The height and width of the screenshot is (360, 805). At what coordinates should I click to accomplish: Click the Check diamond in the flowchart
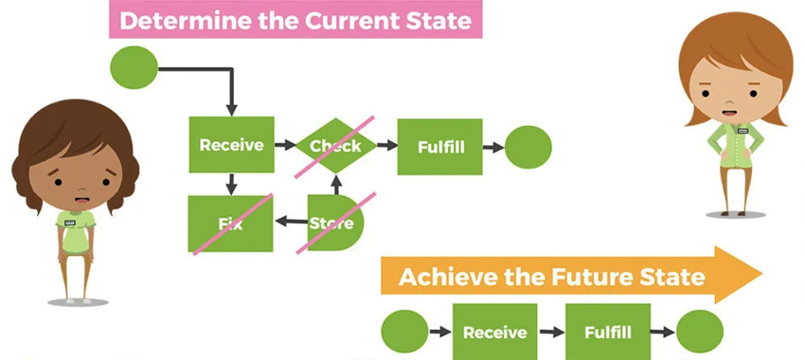[x=336, y=146]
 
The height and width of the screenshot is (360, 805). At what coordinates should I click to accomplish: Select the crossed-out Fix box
[x=231, y=224]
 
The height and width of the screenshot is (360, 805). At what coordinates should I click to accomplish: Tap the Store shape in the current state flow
[x=335, y=223]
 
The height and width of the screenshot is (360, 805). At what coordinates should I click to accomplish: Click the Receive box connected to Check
[x=231, y=145]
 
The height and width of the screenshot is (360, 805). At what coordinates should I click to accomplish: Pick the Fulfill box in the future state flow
[x=608, y=332]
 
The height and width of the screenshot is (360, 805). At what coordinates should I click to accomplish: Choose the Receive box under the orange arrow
[x=495, y=332]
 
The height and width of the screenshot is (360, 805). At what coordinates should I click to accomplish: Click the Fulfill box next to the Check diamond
[x=440, y=147]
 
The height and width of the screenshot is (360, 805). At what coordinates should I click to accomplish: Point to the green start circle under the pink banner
[x=134, y=67]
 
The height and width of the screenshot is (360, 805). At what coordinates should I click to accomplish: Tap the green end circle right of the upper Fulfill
[x=528, y=148]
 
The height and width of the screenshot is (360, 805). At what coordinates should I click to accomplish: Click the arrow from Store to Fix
[x=292, y=222]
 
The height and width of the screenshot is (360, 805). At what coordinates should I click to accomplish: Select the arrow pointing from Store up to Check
[x=336, y=185]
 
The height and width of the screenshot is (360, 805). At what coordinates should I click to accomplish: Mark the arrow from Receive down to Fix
[x=231, y=185]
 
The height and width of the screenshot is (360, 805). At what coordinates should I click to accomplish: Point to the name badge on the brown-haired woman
[x=70, y=223]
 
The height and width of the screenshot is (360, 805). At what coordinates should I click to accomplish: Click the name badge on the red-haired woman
[x=742, y=131]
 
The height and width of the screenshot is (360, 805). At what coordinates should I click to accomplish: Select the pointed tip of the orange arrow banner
[x=761, y=274]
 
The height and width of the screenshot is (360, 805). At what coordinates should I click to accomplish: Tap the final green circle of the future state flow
[x=700, y=332]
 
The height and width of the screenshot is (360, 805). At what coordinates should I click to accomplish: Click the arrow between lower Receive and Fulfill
[x=552, y=333]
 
